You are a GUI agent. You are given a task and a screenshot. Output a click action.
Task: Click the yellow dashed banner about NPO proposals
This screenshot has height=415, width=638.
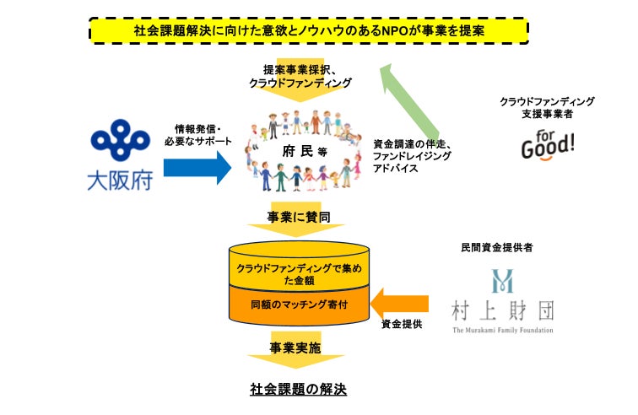[x=308, y=31]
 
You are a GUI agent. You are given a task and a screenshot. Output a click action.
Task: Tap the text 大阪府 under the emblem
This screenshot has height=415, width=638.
[x=120, y=180]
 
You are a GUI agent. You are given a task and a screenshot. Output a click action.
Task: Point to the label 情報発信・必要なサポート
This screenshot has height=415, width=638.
[x=197, y=134]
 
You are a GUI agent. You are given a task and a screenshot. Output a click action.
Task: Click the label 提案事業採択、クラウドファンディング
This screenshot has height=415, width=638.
[x=294, y=77]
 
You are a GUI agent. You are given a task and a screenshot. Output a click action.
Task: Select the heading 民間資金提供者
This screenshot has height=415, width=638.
[x=508, y=248]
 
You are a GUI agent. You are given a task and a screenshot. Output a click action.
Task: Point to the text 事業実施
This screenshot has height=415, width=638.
[x=295, y=347]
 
